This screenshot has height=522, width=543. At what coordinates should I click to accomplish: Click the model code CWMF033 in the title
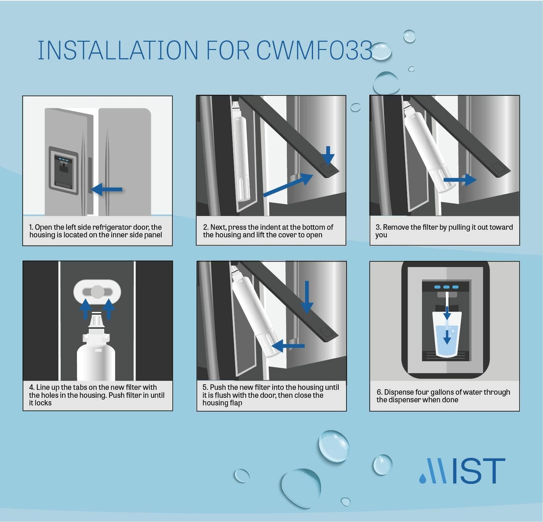point(314,50)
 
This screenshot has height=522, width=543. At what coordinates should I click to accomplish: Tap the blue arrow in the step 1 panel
point(107,190)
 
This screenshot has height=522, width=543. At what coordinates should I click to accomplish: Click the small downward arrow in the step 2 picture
point(328,155)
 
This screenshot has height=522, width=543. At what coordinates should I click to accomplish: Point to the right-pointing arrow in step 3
point(460,179)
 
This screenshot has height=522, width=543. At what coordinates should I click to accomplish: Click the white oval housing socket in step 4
point(97,292)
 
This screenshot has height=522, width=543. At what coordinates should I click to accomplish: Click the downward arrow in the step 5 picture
point(307,297)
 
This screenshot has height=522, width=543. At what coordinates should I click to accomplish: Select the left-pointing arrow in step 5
point(288,346)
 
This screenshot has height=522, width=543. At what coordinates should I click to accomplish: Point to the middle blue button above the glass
point(446,287)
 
